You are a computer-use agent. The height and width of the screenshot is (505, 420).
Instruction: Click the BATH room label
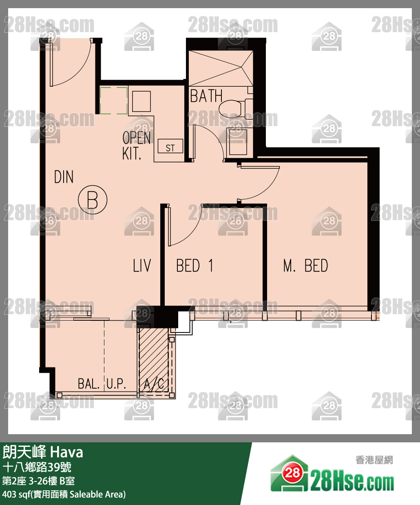pyautogui.click(x=206, y=96)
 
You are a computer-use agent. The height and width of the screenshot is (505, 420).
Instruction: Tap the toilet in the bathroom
pyautogui.click(x=236, y=107)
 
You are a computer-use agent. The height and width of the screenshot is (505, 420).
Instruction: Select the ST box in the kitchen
pyautogui.click(x=170, y=146)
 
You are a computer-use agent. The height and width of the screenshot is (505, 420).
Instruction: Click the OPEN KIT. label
pyautogui.click(x=136, y=146)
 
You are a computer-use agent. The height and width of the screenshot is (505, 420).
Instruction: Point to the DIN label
pyautogui.click(x=64, y=177)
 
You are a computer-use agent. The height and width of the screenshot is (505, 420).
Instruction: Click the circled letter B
pyautogui.click(x=93, y=200)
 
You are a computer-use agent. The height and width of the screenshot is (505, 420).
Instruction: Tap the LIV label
pyautogui.click(x=142, y=265)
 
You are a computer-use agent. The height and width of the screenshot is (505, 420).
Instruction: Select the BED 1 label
pyautogui.click(x=195, y=266)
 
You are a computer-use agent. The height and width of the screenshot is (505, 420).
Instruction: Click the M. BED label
pyautogui.click(x=305, y=266)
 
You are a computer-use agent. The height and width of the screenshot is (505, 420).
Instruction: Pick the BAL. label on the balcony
pyautogui.click(x=88, y=384)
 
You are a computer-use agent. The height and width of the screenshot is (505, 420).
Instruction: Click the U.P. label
pyautogui.click(x=116, y=384)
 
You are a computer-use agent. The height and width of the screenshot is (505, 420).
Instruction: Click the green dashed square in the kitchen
pyautogui.click(x=114, y=101)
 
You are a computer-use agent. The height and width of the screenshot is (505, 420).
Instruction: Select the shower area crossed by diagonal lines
pyautogui.click(x=221, y=68)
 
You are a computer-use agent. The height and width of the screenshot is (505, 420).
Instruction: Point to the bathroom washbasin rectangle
pyautogui.click(x=238, y=142)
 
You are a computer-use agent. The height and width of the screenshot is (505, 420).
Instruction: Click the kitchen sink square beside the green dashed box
pyautogui.click(x=141, y=101)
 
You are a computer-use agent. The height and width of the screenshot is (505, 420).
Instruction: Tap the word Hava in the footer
pyautogui.click(x=66, y=453)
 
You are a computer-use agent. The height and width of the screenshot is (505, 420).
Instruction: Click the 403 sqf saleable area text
pyautogui.click(x=64, y=494)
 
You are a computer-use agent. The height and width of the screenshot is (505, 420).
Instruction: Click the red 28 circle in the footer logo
pyautogui.click(x=292, y=472)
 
